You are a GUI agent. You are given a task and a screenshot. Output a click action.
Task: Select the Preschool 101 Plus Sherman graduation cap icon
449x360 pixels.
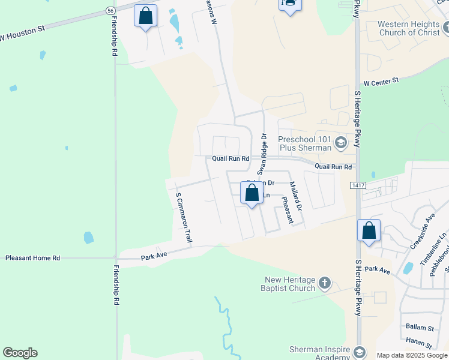point(341,142)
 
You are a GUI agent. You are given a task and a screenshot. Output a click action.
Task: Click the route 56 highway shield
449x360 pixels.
point(110,11)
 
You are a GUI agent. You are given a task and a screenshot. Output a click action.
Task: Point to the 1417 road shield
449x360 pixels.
point(358,186)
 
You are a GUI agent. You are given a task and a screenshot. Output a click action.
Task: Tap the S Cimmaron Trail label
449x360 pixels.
point(183,217)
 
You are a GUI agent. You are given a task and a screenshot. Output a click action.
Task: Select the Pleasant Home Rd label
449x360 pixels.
point(33,258)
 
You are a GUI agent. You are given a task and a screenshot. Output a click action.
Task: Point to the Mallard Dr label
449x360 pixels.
point(296,196)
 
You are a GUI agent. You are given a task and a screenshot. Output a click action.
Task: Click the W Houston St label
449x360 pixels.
point(22,37)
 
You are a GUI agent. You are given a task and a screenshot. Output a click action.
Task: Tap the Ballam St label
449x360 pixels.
point(420,328)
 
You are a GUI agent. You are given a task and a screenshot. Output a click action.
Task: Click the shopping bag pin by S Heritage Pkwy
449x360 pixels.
point(369,231)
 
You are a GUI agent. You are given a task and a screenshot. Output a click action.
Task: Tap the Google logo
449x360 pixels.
point(20,353)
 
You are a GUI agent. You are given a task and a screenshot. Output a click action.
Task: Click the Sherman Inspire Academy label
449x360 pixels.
point(319,353)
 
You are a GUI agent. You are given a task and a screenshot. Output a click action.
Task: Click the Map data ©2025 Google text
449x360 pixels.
point(412,355)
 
